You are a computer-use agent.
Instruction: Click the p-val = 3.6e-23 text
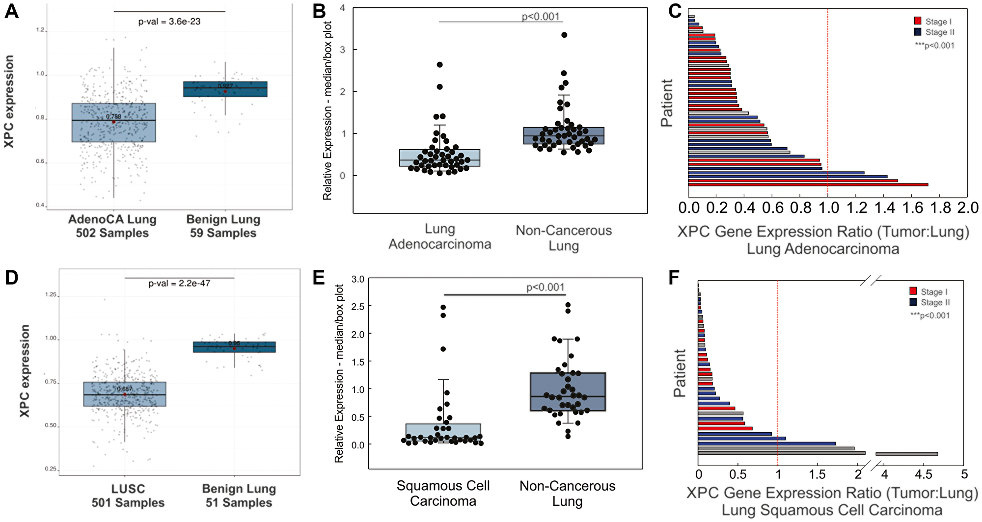[x=169, y=22]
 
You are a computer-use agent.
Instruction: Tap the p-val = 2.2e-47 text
[x=179, y=284]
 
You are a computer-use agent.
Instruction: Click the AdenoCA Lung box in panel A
[x=114, y=123]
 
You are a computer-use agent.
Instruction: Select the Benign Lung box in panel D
[x=234, y=347]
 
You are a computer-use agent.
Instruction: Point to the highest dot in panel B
[x=564, y=35]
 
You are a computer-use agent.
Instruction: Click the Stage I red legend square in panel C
[x=917, y=21]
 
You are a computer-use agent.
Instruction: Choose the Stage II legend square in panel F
[x=913, y=302]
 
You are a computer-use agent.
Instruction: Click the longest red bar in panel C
[x=808, y=184]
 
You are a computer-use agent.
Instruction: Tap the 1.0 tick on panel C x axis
[x=828, y=208]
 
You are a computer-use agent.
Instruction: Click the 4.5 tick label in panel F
[x=923, y=474]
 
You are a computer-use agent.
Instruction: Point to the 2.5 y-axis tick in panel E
[x=358, y=306]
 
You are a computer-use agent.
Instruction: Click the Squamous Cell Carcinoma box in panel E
[x=443, y=432]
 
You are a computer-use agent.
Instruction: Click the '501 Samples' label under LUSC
[x=128, y=503]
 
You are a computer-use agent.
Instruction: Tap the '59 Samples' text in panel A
[x=223, y=233]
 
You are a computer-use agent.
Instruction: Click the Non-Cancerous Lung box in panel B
[x=564, y=135]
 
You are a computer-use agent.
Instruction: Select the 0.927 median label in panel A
[x=225, y=86]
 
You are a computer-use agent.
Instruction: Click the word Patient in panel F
[x=680, y=373]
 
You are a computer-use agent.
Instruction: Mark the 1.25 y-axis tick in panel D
[x=51, y=295]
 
